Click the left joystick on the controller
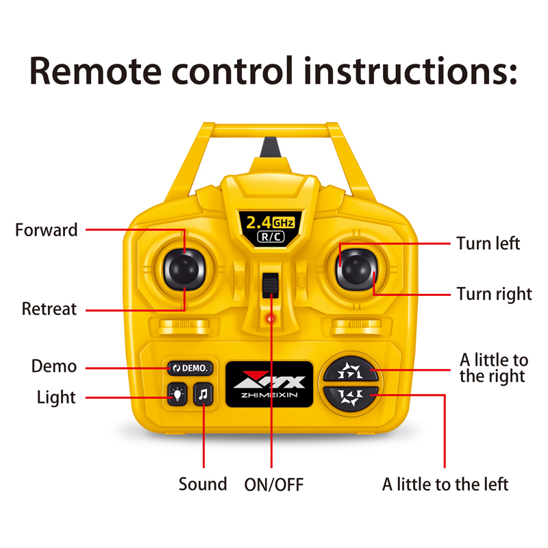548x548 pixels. (x=184, y=269)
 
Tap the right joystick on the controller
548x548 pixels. (x=356, y=269)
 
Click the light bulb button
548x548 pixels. (x=177, y=395)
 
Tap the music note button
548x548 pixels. (x=203, y=395)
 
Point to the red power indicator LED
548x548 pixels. (x=271, y=319)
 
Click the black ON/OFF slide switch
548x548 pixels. (x=271, y=285)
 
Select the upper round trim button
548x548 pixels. (x=351, y=371)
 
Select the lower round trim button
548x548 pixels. (x=351, y=399)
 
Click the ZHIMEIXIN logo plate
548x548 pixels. (x=269, y=384)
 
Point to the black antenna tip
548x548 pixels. (x=270, y=147)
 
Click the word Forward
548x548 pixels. (x=47, y=230)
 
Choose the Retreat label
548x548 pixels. (x=49, y=309)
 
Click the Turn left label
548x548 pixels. (x=488, y=243)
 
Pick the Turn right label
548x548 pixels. (x=494, y=295)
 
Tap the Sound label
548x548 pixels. (x=203, y=484)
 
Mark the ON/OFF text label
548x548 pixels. (x=274, y=485)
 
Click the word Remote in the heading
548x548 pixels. (x=95, y=71)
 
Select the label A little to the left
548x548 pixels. (x=445, y=484)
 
